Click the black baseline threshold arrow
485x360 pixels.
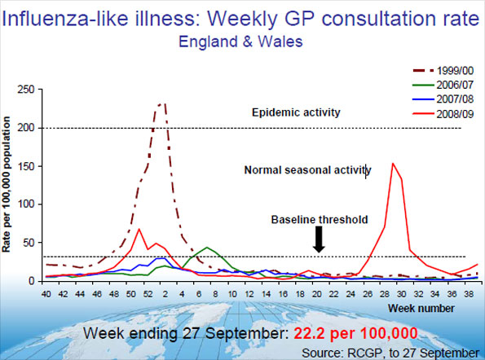(x=319, y=239)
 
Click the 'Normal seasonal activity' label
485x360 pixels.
(x=307, y=170)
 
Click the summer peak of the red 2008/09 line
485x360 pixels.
(x=393, y=163)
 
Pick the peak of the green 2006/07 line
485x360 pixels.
(x=207, y=247)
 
